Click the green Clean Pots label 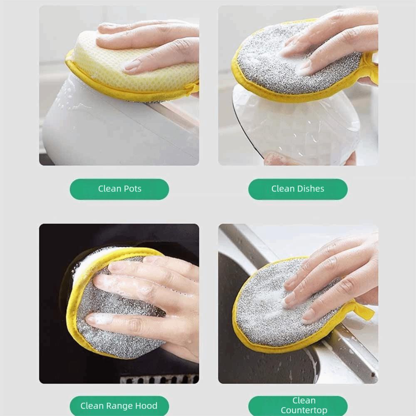119,189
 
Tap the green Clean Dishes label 297,189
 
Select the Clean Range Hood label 119,406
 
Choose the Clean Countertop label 297,406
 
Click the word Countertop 304,411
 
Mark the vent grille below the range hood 158,379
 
